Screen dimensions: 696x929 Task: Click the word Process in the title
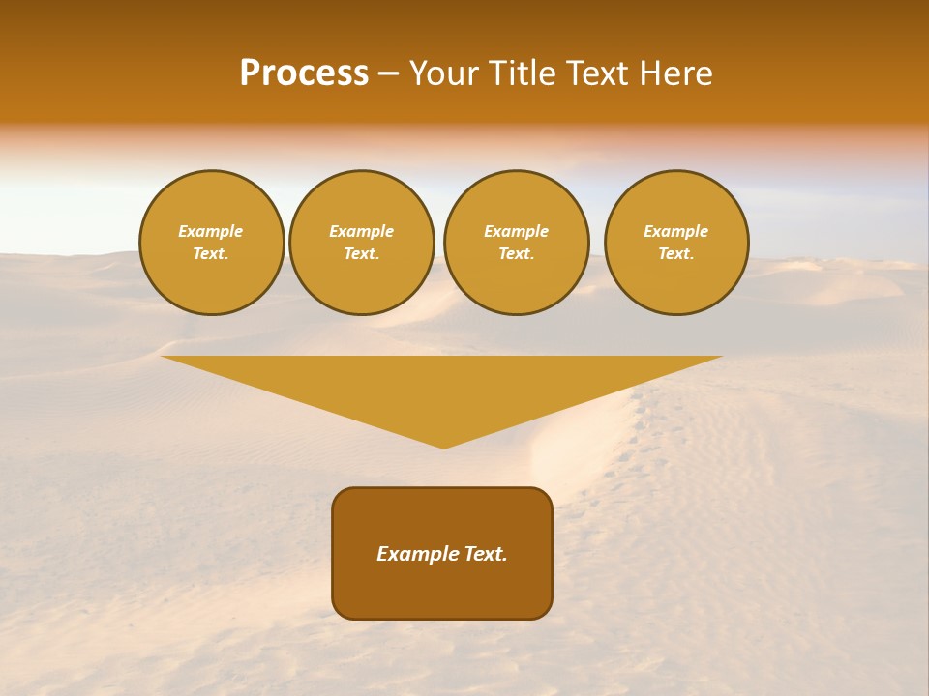point(304,73)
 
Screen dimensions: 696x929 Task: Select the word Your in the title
point(445,73)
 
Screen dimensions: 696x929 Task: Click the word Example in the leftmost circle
point(211,231)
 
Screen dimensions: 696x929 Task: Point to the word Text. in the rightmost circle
point(675,253)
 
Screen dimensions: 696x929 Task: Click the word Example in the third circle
point(516,231)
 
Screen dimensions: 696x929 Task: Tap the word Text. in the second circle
point(361,253)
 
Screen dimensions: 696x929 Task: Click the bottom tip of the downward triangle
point(443,447)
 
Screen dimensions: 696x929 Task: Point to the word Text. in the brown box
point(485,554)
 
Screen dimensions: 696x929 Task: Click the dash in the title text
point(388,74)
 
